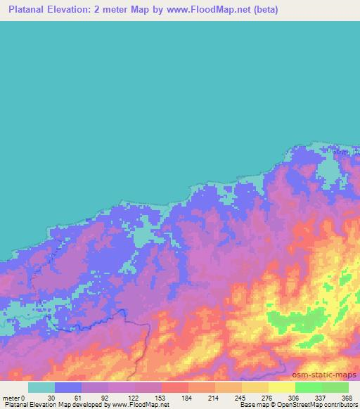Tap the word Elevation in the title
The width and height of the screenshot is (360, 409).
pyautogui.click(x=82, y=10)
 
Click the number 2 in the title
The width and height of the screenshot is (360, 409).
pyautogui.click(x=112, y=10)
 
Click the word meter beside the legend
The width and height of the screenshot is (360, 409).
pyautogui.click(x=9, y=397)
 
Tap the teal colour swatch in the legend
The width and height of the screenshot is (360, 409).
pyautogui.click(x=41, y=387)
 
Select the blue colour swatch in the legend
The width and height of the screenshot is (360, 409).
pyautogui.click(x=68, y=387)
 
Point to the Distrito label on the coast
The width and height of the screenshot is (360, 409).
pyautogui.click(x=345, y=150)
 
